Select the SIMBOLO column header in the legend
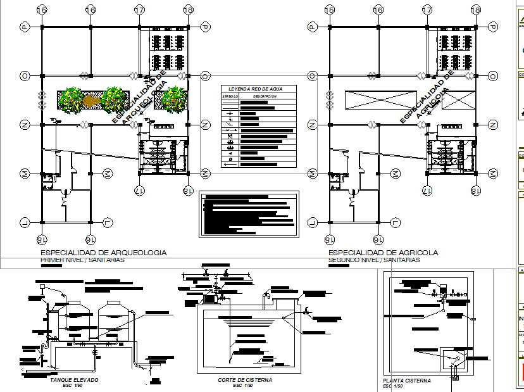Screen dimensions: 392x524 pos(228,96)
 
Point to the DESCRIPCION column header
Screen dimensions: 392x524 pos(265,96)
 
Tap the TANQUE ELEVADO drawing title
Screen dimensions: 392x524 pos(74,380)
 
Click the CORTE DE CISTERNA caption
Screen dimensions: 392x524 pos(244,380)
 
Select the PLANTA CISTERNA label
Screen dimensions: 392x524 pos(407,381)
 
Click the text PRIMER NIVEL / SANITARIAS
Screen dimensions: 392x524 pos(82,260)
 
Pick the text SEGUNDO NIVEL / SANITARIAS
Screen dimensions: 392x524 pos(374,260)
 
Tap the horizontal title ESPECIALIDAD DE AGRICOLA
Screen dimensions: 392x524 pos(383,253)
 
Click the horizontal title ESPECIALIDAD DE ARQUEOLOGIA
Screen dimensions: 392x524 pos(103,253)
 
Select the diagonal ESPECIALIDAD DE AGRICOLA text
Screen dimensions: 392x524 pos(428,96)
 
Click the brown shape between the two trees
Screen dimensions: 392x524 pos(90,100)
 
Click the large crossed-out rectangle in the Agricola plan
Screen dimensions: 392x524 pos(378,100)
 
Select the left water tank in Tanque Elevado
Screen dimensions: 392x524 pos(77,317)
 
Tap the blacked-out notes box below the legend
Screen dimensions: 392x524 pos(248,213)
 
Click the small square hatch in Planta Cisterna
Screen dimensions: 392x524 pos(456,378)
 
